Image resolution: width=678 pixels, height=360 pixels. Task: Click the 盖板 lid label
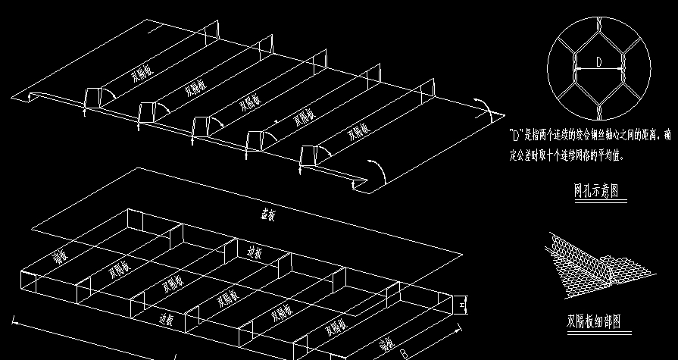tap(267, 215)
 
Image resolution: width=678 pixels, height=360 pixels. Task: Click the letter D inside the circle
tap(598, 64)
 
